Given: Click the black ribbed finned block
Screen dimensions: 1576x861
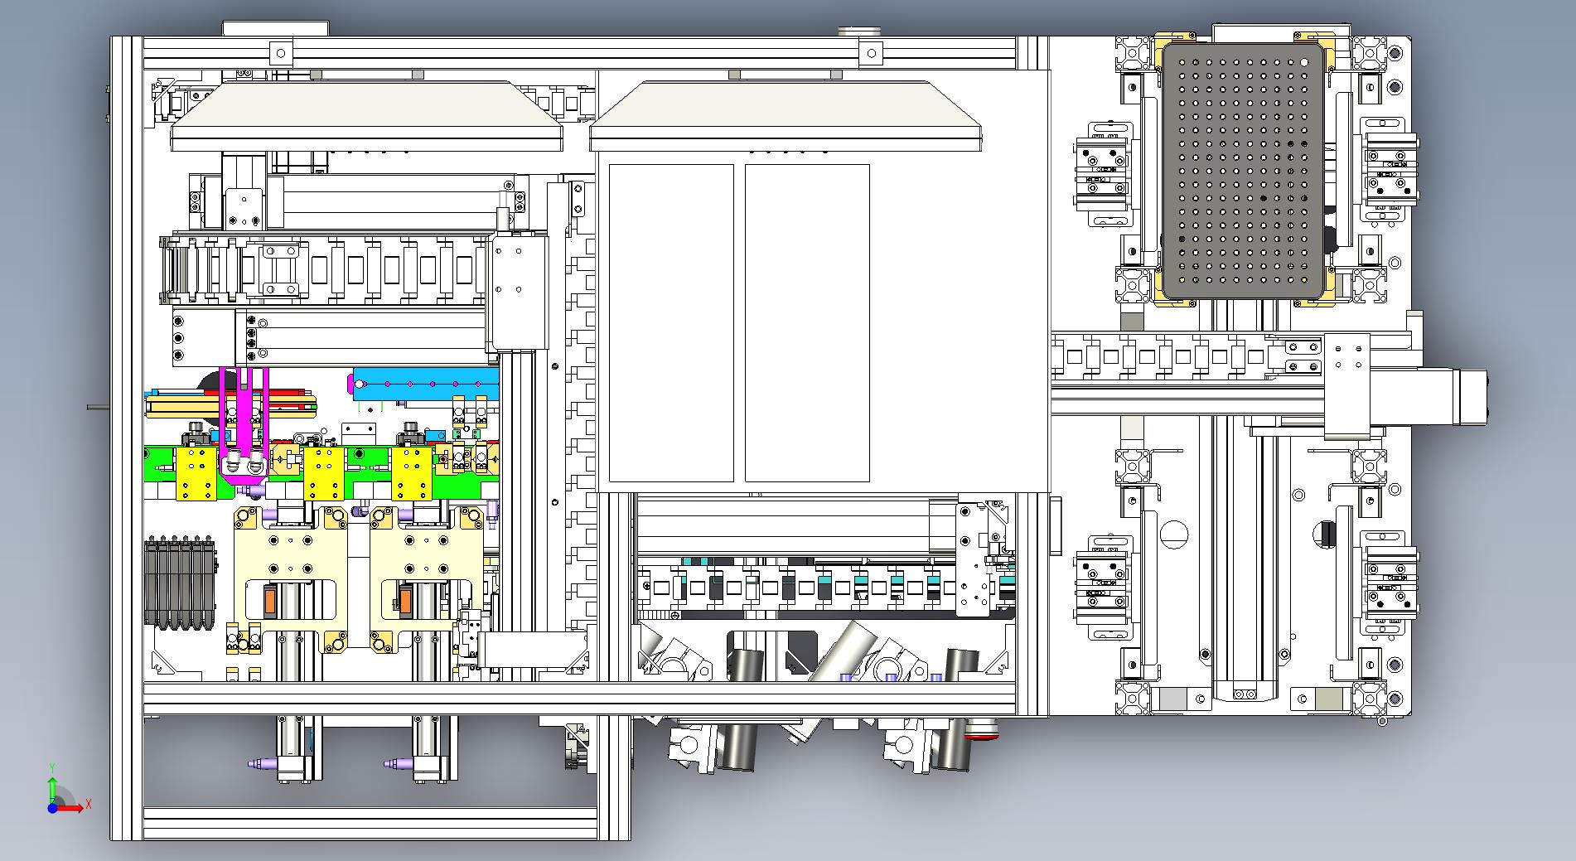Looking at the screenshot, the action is tap(180, 584).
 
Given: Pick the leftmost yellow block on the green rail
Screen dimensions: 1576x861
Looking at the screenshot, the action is tap(197, 475).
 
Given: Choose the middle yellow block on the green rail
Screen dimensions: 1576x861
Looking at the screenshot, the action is tap(324, 475).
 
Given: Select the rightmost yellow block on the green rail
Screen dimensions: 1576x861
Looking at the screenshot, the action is tap(413, 475).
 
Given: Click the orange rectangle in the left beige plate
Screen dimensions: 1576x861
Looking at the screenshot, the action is tap(270, 600).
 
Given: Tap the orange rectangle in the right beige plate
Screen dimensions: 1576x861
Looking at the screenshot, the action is tap(406, 600).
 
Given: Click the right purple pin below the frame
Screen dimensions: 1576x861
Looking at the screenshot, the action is tap(399, 763).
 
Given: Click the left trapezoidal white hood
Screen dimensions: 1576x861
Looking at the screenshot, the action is tap(366, 116).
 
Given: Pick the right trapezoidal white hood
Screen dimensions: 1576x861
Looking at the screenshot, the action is tap(786, 116).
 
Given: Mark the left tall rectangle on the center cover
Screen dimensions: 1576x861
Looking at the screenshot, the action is tap(671, 323).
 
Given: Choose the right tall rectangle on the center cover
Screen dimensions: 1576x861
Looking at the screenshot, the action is tap(807, 323).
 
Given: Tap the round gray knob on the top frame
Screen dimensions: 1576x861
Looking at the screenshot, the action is tap(859, 31).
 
